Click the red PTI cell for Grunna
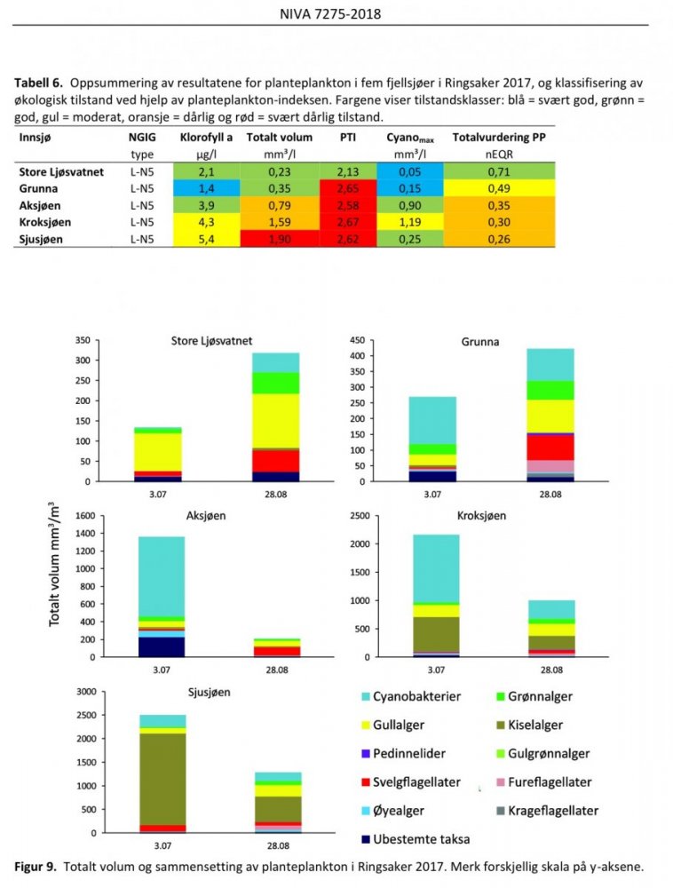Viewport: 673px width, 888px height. coord(348,189)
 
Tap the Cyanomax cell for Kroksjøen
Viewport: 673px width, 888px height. coord(409,221)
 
